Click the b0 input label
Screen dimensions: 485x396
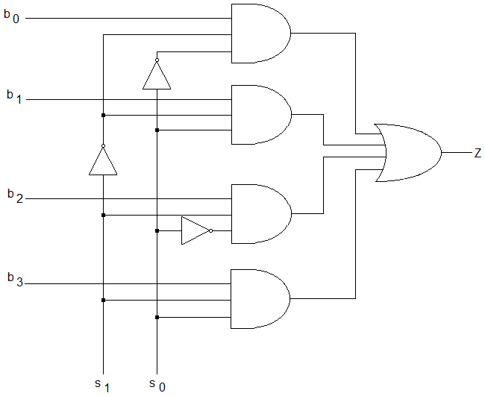click(11, 16)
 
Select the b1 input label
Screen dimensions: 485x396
click(14, 96)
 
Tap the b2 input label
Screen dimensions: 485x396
click(15, 196)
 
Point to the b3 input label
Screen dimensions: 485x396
click(15, 280)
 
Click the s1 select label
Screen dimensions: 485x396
click(102, 386)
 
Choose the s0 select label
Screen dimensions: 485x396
click(157, 386)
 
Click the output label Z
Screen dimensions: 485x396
click(478, 153)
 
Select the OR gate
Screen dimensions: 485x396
click(408, 153)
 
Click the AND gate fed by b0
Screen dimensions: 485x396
click(261, 34)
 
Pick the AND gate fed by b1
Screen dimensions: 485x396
click(261, 115)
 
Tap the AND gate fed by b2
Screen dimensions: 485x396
click(261, 214)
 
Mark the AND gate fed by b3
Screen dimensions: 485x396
click(260, 299)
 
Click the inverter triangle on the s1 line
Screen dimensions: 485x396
click(103, 160)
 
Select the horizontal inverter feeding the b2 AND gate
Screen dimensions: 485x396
click(197, 230)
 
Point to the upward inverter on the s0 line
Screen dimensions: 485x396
click(157, 74)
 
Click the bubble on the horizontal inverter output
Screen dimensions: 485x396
click(210, 230)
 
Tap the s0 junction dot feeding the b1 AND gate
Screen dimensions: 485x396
click(157, 131)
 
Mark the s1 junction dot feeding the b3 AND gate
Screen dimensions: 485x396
click(103, 300)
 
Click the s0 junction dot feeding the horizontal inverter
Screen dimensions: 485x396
click(157, 230)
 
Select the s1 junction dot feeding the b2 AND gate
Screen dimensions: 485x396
click(103, 216)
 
